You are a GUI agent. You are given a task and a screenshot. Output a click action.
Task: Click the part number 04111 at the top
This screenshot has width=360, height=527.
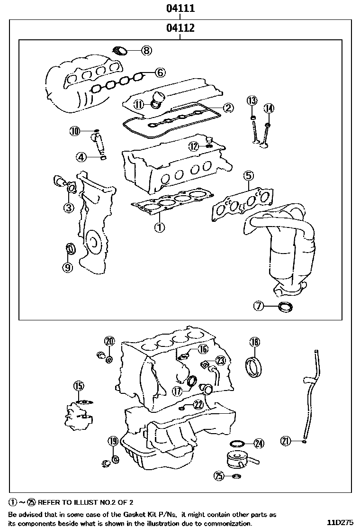[180, 8]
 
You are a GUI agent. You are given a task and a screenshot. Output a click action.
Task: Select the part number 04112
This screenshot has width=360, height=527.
[180, 28]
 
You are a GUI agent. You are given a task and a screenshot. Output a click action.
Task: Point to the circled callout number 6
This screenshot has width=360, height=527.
[160, 73]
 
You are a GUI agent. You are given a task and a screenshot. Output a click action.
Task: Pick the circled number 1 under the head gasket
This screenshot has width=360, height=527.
[159, 227]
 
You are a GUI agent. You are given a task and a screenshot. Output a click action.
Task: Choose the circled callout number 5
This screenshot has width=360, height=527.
[249, 176]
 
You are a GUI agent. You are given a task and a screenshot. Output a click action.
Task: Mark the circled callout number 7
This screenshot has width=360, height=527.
[258, 306]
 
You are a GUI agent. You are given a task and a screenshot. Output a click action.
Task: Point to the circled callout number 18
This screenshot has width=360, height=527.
[254, 342]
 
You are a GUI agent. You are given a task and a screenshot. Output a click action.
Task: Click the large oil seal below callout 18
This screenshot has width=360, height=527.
[254, 367]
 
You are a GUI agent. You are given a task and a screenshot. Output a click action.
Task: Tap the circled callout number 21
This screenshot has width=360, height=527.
[285, 441]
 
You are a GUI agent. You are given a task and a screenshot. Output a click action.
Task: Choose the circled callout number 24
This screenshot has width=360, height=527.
[258, 444]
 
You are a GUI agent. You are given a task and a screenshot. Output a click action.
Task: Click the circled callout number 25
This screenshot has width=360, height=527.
[219, 475]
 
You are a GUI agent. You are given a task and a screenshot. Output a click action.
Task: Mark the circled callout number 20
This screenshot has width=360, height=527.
[109, 341]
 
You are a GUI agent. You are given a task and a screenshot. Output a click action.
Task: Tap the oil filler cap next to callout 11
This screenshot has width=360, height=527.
[157, 100]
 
